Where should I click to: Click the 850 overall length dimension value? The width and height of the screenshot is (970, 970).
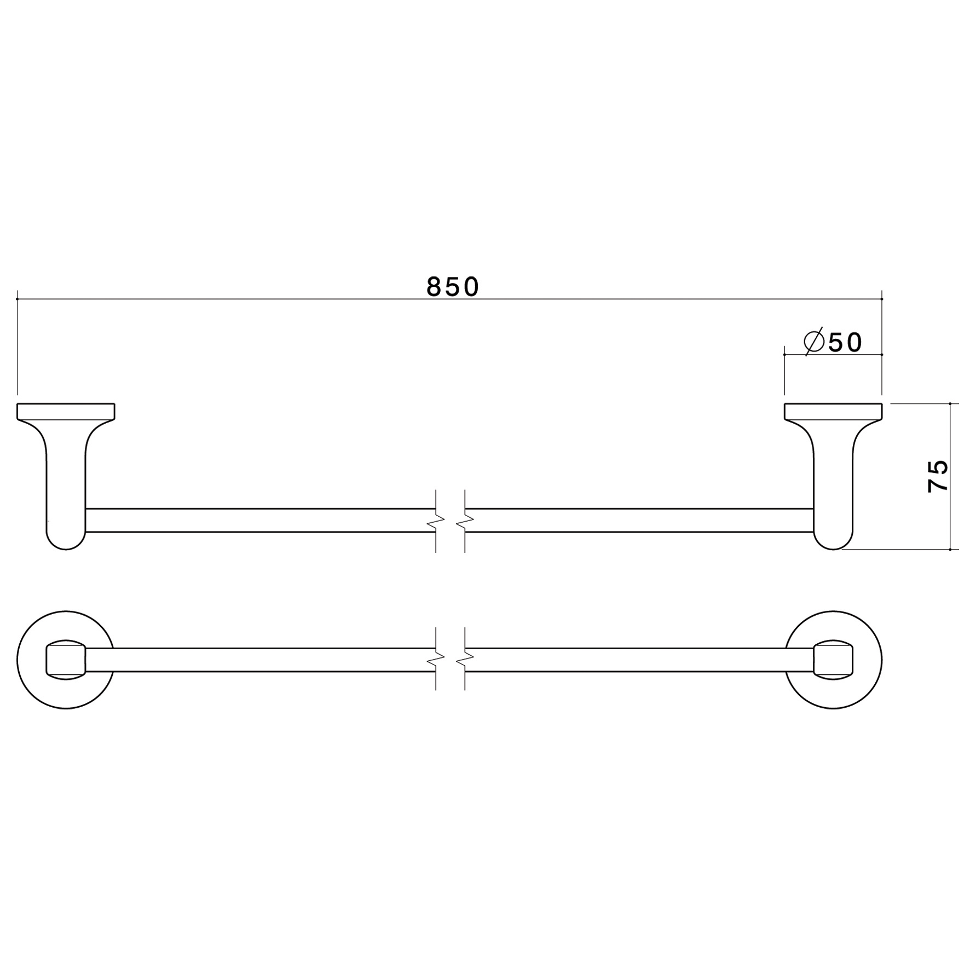click(x=453, y=287)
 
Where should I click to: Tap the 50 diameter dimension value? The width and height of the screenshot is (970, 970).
click(x=845, y=343)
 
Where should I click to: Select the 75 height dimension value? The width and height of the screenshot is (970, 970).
click(x=938, y=476)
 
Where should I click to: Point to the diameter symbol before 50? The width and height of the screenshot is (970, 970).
click(x=814, y=342)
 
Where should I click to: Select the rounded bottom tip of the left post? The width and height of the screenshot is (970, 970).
click(x=66, y=550)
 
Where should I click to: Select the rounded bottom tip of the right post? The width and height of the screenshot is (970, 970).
click(x=833, y=550)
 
